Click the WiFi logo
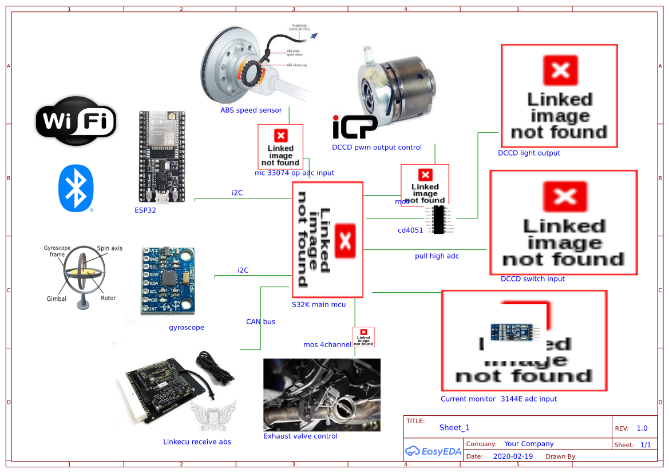pos(76,121)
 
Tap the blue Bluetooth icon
pos(76,188)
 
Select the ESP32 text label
pos(145,210)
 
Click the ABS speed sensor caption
pos(251,110)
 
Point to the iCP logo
pos(355,127)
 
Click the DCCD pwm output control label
pos(377,148)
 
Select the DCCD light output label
pos(529,153)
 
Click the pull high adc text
pos(437,256)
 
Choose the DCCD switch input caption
pos(532,279)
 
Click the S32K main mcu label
pos(319,305)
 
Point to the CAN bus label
pos(260,322)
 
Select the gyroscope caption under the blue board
pos(187,328)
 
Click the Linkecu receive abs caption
pos(197,442)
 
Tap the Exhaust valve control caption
pos(300,436)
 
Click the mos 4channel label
pos(327,345)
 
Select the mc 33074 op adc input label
pos(294,173)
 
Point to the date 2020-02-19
pos(513,456)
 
